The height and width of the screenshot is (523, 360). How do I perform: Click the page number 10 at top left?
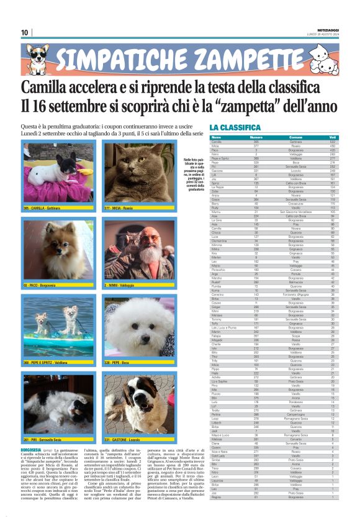25,32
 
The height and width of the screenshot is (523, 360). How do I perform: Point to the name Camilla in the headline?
53,87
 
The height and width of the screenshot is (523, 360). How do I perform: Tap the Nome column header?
217,137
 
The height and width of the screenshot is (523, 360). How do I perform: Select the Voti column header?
333,137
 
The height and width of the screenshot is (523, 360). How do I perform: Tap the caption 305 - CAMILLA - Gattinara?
46,207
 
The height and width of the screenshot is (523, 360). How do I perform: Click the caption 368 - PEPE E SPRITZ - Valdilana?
45,361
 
